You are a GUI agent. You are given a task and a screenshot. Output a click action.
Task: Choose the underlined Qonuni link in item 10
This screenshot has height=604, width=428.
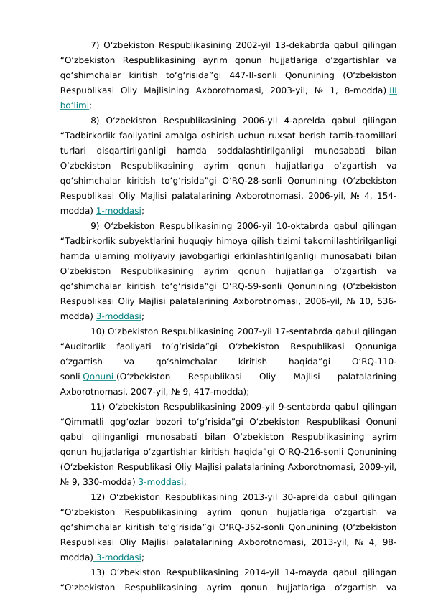click(x=98, y=377)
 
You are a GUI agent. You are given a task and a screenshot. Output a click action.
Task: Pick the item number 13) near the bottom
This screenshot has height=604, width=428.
click(x=98, y=572)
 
